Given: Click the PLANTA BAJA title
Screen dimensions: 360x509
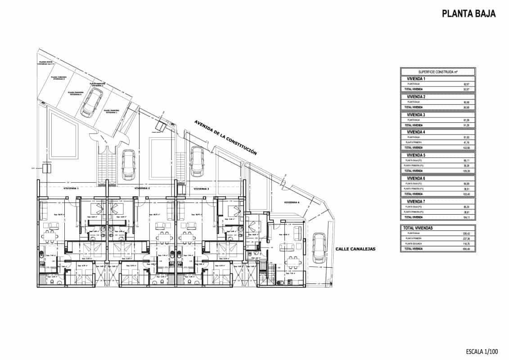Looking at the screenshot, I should point(468,14).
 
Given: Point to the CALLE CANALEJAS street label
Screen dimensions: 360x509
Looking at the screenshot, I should point(355,248).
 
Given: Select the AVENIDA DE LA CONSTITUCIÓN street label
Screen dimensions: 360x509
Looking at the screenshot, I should point(225,138).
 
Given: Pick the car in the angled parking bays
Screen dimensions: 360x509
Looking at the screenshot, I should point(91,102).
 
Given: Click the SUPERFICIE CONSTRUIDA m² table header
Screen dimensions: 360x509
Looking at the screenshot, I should point(438,72).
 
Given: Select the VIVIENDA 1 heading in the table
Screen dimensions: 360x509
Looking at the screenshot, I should point(416,79).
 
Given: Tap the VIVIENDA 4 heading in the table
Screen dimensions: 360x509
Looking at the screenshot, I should point(416,132).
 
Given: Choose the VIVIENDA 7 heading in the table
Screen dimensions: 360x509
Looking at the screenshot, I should point(416,202).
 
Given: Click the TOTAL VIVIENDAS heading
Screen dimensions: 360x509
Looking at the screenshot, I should point(418,228).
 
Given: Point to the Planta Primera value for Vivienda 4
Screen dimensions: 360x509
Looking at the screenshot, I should point(466,143).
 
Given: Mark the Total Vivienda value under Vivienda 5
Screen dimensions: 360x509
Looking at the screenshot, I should point(466,171).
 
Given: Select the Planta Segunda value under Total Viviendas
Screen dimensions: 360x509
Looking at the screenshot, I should point(466,243).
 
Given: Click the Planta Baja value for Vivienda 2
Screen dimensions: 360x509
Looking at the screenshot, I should point(466,102).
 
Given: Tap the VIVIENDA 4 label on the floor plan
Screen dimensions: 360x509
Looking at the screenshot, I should point(292,202).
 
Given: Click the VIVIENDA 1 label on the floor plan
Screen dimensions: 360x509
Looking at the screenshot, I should point(71,188).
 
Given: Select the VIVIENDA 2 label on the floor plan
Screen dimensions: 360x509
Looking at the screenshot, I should point(142,188).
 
